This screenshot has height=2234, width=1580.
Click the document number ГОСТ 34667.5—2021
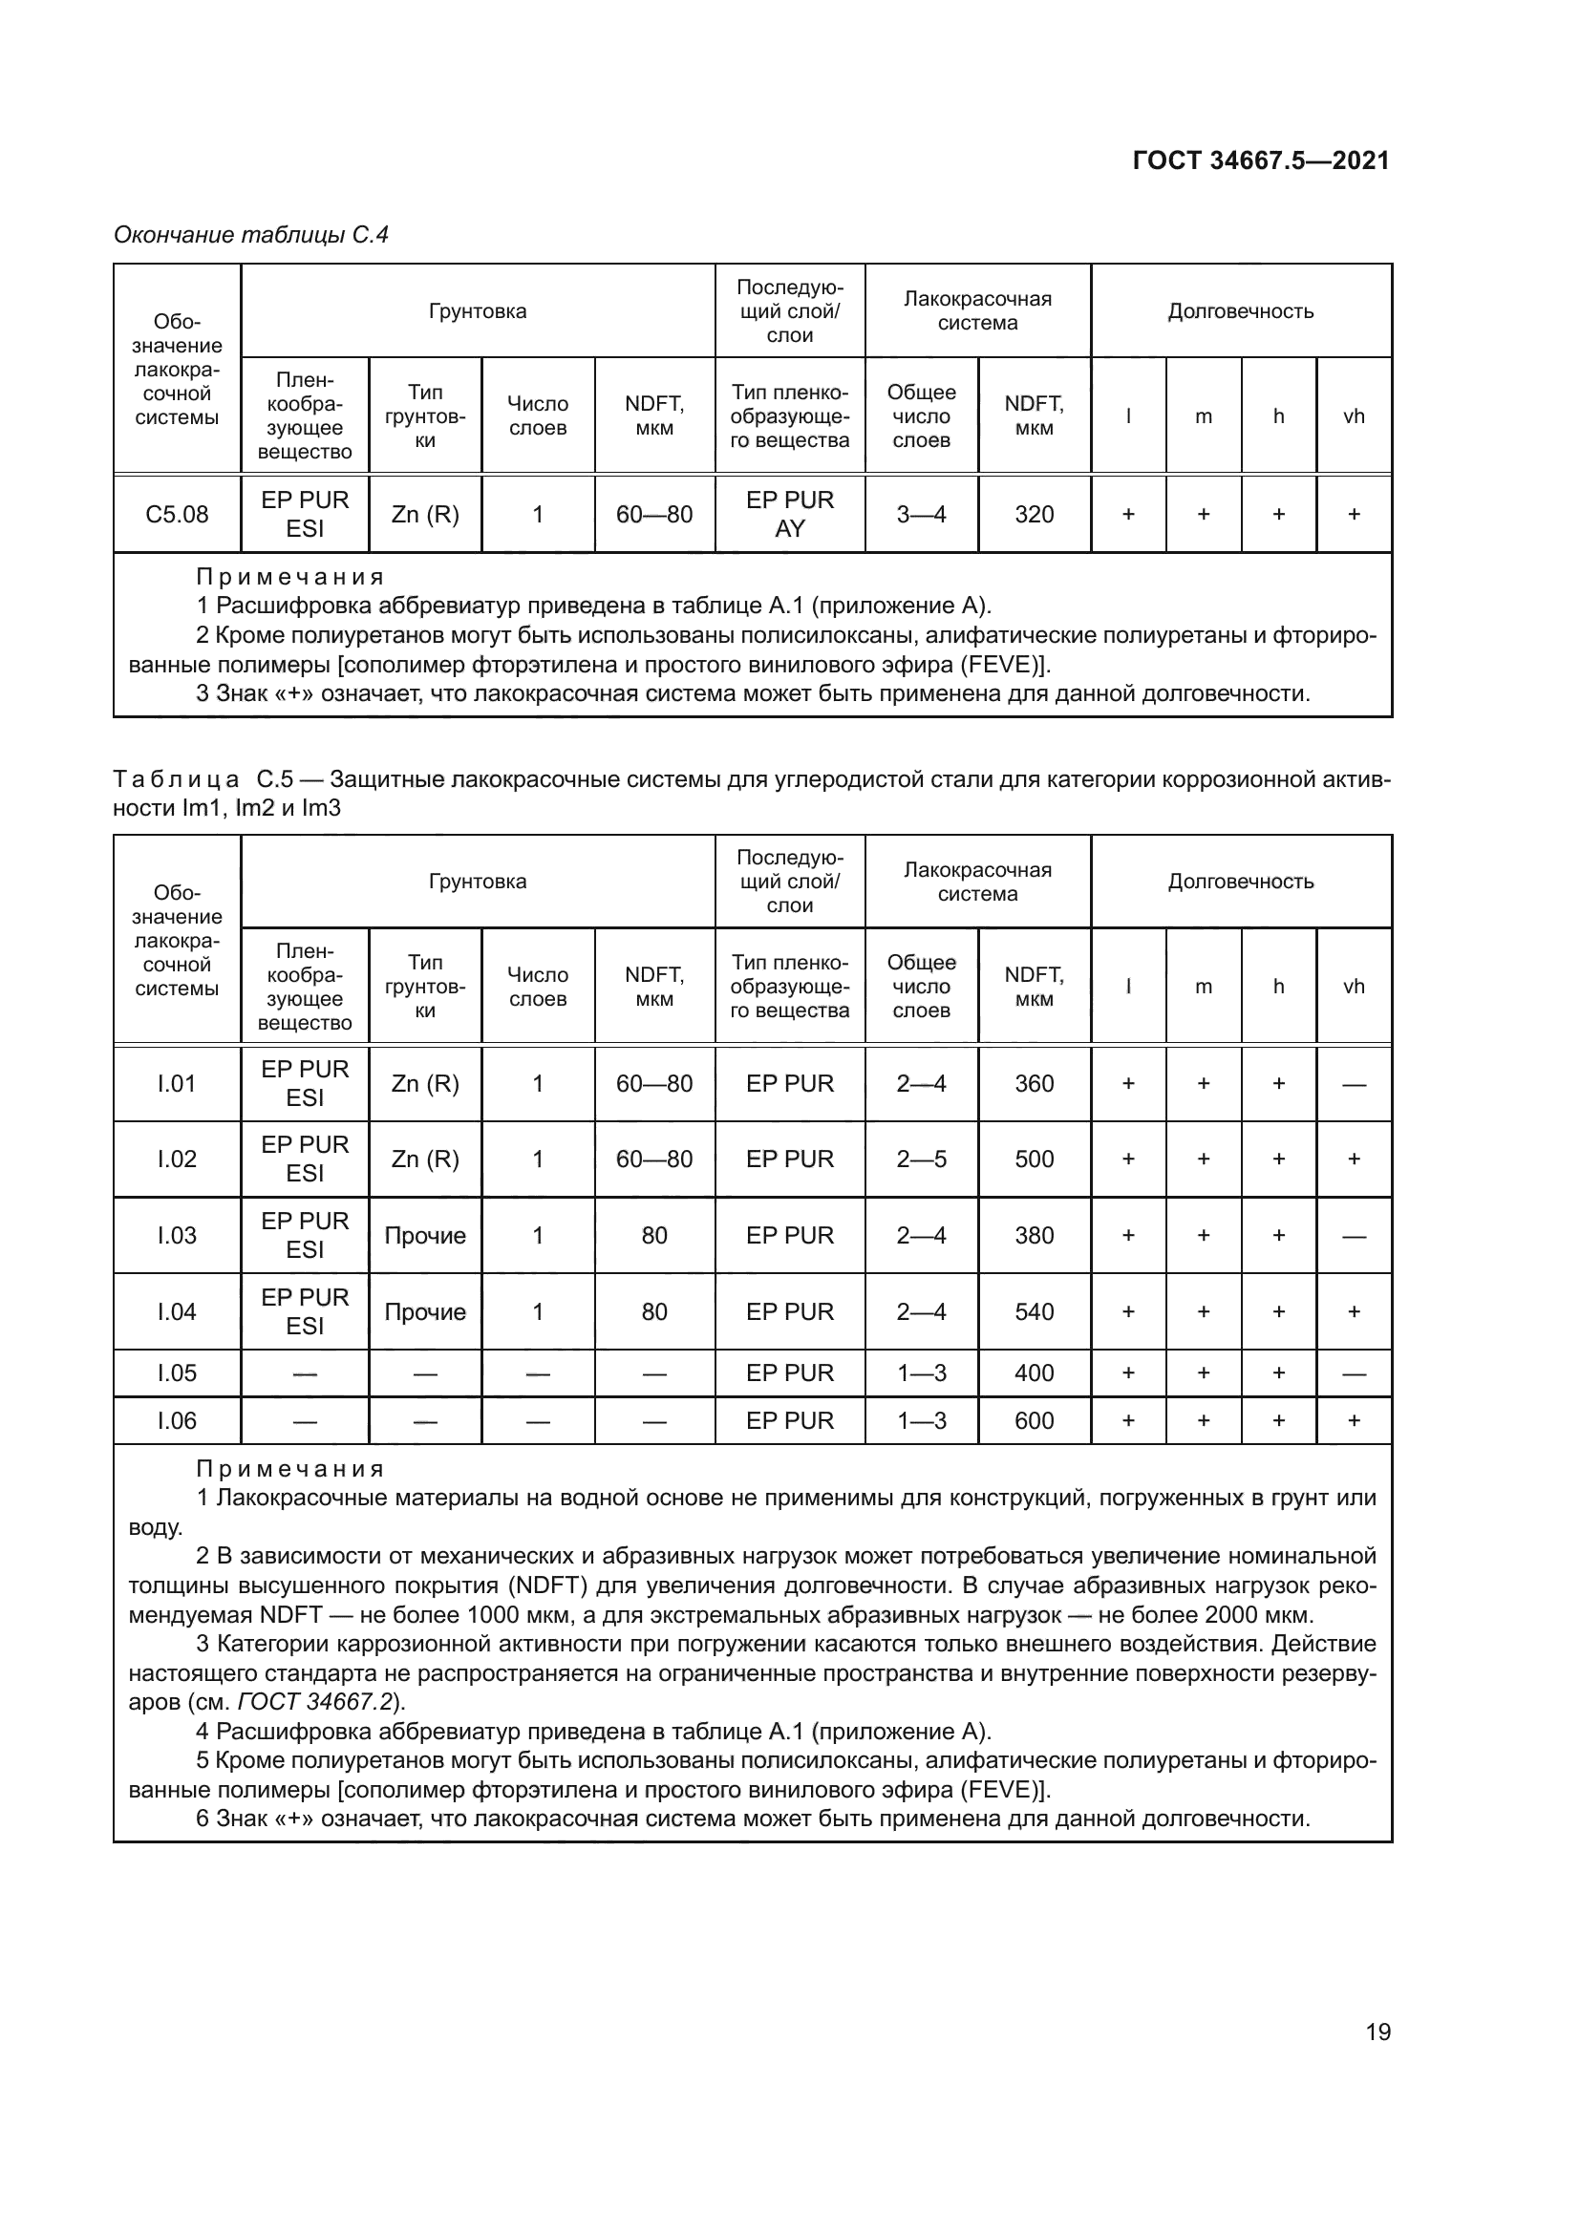(1260, 160)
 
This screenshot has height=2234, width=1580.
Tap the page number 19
(1377, 2032)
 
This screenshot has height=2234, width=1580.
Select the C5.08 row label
(176, 514)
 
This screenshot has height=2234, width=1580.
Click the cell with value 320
(1034, 514)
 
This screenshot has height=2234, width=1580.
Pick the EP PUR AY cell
(789, 514)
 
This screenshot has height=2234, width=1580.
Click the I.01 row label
(176, 1083)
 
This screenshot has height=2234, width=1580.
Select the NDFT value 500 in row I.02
(1034, 1159)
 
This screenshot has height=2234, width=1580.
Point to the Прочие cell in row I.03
(425, 1236)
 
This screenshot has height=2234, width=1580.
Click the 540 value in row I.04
(1034, 1311)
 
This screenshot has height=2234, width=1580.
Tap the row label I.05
(176, 1372)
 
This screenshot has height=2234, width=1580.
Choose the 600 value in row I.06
(1034, 1420)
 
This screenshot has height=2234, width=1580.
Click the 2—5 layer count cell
(920, 1159)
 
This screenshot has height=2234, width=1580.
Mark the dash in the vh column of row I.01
(1354, 1084)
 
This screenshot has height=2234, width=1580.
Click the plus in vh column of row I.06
(1354, 1420)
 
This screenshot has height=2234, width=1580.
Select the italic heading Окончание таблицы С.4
(251, 235)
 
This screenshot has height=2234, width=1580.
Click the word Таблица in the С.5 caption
(176, 780)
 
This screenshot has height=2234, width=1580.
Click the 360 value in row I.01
(1034, 1083)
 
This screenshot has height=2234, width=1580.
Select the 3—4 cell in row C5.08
(920, 514)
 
